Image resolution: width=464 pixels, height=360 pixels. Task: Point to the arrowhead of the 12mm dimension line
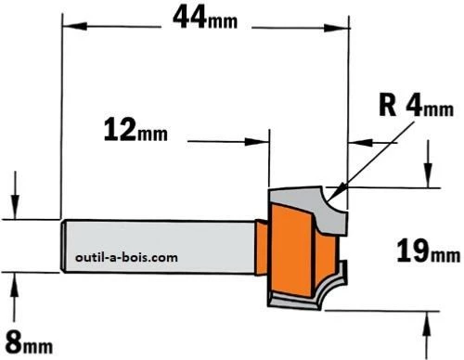point(263,141)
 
